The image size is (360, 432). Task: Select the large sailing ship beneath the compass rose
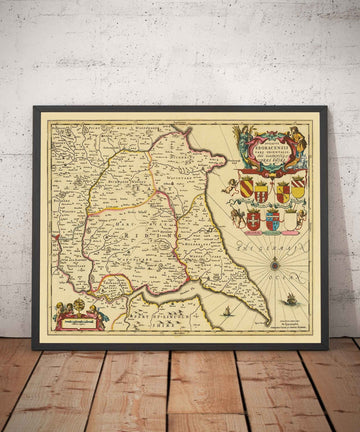click(x=290, y=299)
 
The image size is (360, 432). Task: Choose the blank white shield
click(x=291, y=222)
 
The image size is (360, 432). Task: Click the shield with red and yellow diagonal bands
click(x=246, y=186)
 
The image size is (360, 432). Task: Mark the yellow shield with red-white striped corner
click(x=298, y=186)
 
